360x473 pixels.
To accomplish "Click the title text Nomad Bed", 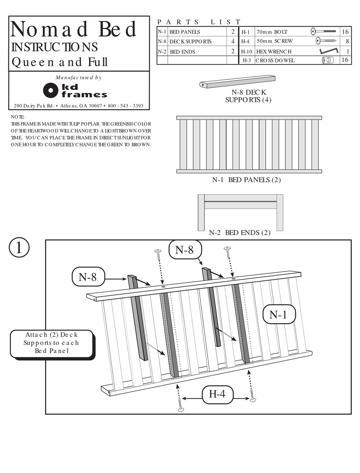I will [74, 30].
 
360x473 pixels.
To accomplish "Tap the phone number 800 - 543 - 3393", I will [125, 106].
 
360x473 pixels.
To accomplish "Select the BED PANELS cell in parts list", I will [197, 32].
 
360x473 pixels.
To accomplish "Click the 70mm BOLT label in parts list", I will [272, 32].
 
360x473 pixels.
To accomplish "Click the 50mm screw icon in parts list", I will [326, 41].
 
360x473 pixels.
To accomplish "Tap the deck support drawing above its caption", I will [237, 82].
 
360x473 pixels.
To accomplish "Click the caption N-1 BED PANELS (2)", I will [246, 180].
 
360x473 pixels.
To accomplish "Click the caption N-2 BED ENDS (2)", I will [239, 233].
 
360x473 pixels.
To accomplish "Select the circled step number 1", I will [19, 247].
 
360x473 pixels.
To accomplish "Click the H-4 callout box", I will [217, 394].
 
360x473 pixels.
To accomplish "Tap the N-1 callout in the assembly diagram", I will [279, 314].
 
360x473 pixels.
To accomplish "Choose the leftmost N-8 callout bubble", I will [88, 277].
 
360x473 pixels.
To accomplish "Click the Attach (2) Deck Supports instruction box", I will [52, 343].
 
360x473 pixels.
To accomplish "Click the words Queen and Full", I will [59, 62].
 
